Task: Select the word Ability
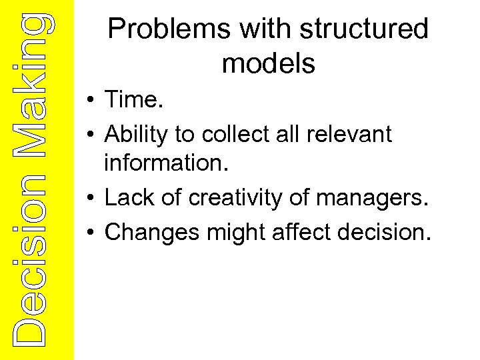137,135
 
